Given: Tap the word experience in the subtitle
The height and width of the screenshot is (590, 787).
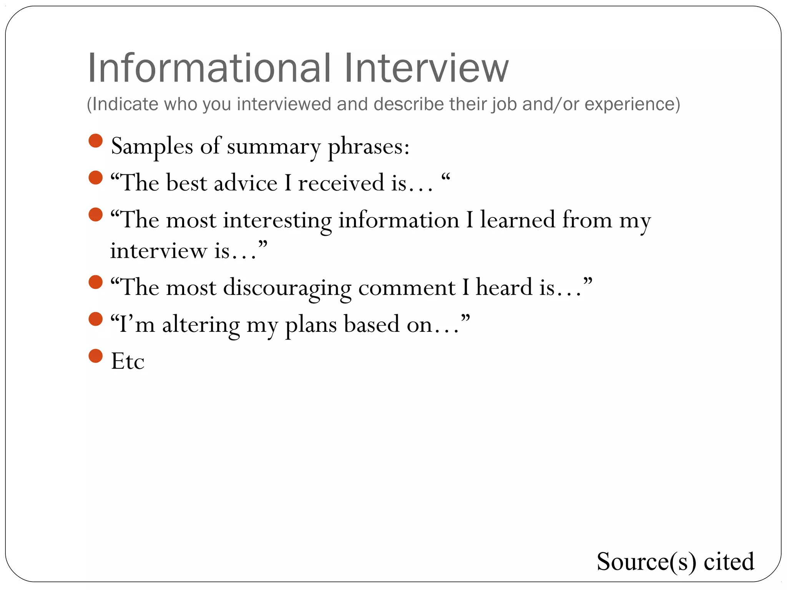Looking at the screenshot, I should click(x=632, y=104).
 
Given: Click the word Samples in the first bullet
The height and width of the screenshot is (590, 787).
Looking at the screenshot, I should click(x=152, y=146).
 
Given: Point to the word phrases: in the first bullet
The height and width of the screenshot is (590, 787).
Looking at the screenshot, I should click(x=369, y=147).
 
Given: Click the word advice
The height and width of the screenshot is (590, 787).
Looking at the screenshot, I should click(x=246, y=183).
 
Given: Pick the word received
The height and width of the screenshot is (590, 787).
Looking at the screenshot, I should click(x=341, y=183).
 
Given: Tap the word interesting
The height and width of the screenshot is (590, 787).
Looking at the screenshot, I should click(x=277, y=220).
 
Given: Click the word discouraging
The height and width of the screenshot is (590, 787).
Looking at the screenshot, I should click(x=287, y=288).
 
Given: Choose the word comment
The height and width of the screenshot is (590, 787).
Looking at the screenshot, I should click(x=407, y=288).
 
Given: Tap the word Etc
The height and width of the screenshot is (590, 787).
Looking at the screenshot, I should click(x=128, y=361).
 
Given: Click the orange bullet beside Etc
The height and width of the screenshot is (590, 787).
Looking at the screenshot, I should click(x=95, y=356).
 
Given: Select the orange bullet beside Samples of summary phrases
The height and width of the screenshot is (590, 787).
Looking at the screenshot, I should click(x=95, y=141).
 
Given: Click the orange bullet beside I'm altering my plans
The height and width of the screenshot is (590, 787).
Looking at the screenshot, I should click(x=95, y=319).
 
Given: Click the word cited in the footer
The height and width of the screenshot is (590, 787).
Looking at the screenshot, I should click(x=729, y=562).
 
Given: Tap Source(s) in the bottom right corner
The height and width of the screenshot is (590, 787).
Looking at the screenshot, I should click(x=646, y=562).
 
